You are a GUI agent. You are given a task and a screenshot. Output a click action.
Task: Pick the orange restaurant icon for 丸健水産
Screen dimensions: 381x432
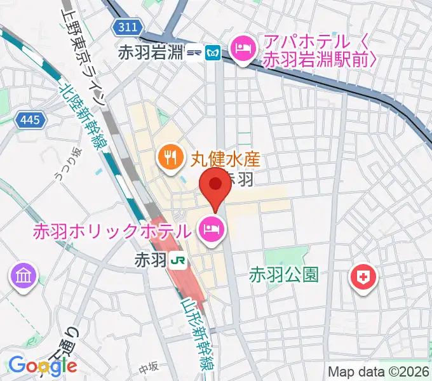169,156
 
